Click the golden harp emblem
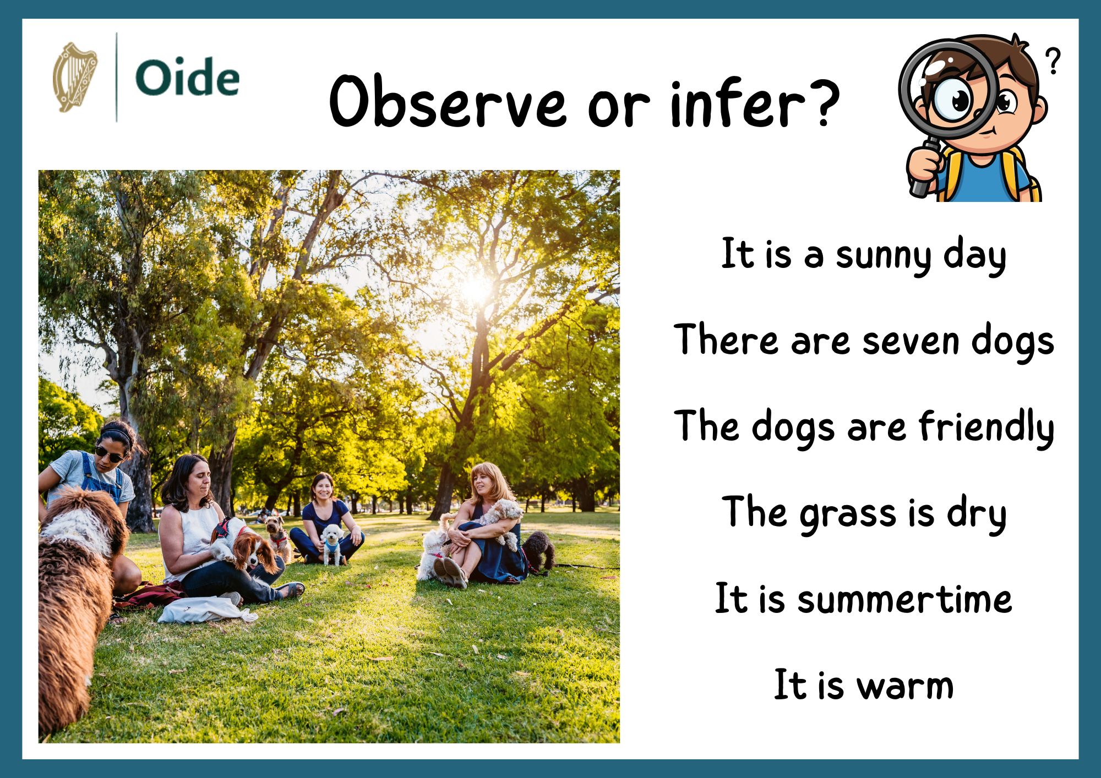point(74,77)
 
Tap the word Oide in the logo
point(187,78)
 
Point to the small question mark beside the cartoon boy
point(1053,61)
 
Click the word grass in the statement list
point(848,514)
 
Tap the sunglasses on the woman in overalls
point(110,454)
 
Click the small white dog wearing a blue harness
point(332,543)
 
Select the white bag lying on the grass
point(204,610)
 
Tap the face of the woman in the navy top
point(323,489)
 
